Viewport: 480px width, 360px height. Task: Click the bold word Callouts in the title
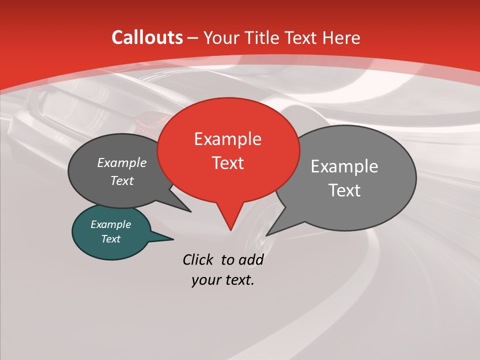coord(147,37)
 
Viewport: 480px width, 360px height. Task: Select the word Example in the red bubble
coord(227,139)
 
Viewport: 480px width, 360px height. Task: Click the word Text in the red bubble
coord(227,163)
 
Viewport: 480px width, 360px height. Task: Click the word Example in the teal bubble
coord(110,224)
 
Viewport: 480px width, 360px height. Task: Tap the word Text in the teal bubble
coord(110,239)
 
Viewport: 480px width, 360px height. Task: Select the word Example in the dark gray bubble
coord(121,162)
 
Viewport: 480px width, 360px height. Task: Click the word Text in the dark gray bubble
coord(121,180)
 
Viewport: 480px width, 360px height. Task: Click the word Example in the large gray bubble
coord(344,166)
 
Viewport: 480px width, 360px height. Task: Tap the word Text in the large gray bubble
coord(344,190)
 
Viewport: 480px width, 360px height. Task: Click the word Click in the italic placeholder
coord(199,259)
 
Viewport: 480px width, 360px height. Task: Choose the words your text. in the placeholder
coord(223,280)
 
